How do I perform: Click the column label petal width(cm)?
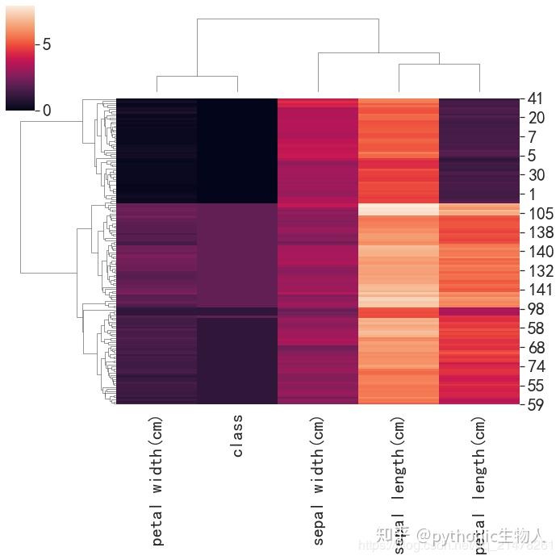157,481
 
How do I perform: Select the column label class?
237,437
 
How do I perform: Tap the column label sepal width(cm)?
318,481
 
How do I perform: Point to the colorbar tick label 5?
47,44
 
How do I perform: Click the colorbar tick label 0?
47,111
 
